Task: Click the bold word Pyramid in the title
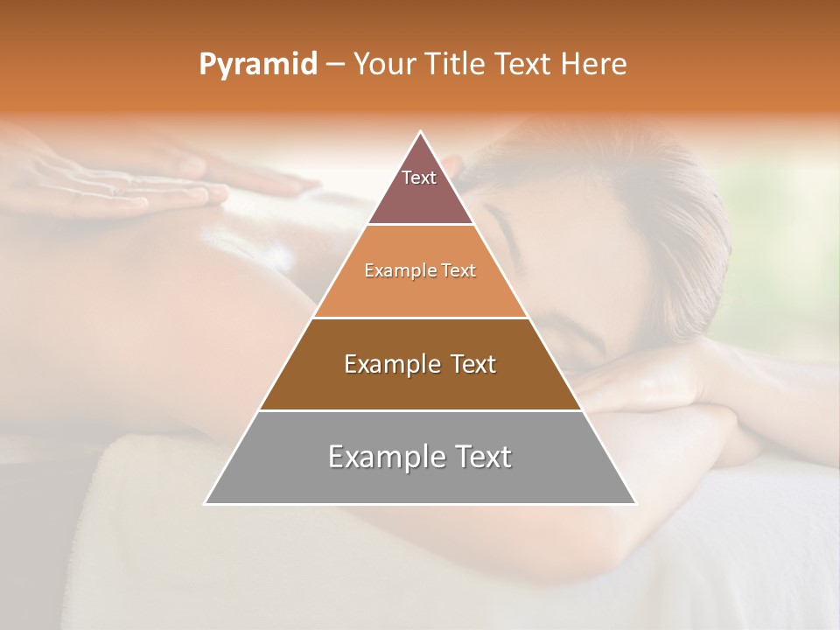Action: pyautogui.click(x=257, y=65)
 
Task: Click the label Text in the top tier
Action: pyautogui.click(x=419, y=178)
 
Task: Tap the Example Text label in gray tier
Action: pyautogui.click(x=420, y=457)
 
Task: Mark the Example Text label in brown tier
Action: pyautogui.click(x=420, y=364)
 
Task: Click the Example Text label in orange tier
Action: pyautogui.click(x=420, y=270)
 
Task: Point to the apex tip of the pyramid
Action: pyautogui.click(x=421, y=133)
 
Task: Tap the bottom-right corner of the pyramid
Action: pyautogui.click(x=635, y=503)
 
